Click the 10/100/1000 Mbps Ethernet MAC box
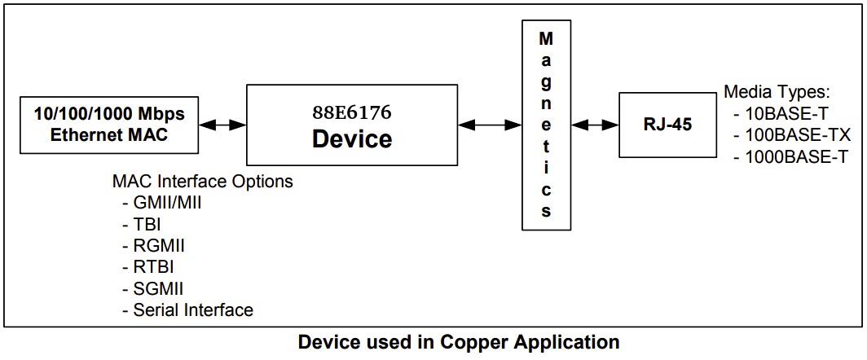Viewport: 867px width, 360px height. coord(109,125)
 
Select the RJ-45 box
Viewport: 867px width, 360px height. coord(666,125)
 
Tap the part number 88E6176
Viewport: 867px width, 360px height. coord(352,111)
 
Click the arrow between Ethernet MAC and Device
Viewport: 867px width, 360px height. coord(223,125)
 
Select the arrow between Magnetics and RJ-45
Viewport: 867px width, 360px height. coord(595,125)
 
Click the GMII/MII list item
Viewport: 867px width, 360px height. coord(166,203)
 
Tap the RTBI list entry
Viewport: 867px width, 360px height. coord(152,266)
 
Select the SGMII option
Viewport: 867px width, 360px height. coord(158,288)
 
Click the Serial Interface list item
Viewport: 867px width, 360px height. coord(192,310)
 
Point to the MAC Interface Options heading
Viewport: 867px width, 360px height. coord(202,182)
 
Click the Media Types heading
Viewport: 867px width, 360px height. coord(777,90)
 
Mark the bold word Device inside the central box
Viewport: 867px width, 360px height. coord(352,138)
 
